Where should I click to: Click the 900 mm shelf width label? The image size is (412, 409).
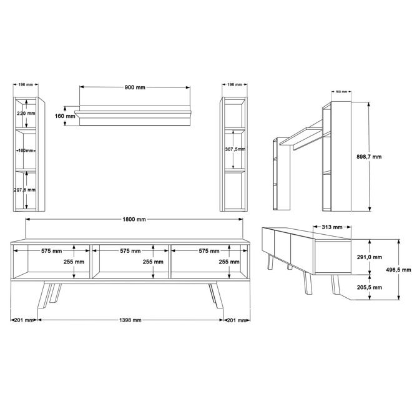[135, 87]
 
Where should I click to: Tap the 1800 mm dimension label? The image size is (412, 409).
[134, 219]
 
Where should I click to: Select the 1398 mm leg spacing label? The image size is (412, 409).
[130, 320]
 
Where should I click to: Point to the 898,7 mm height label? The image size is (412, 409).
[369, 157]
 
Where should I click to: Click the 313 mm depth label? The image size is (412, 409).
[332, 227]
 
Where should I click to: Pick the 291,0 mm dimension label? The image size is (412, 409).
[369, 257]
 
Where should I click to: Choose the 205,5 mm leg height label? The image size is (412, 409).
[369, 287]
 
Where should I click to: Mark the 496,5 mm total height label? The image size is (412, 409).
[398, 270]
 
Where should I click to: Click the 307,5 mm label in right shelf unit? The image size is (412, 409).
[235, 149]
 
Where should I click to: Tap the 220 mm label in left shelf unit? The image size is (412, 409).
[26, 113]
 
